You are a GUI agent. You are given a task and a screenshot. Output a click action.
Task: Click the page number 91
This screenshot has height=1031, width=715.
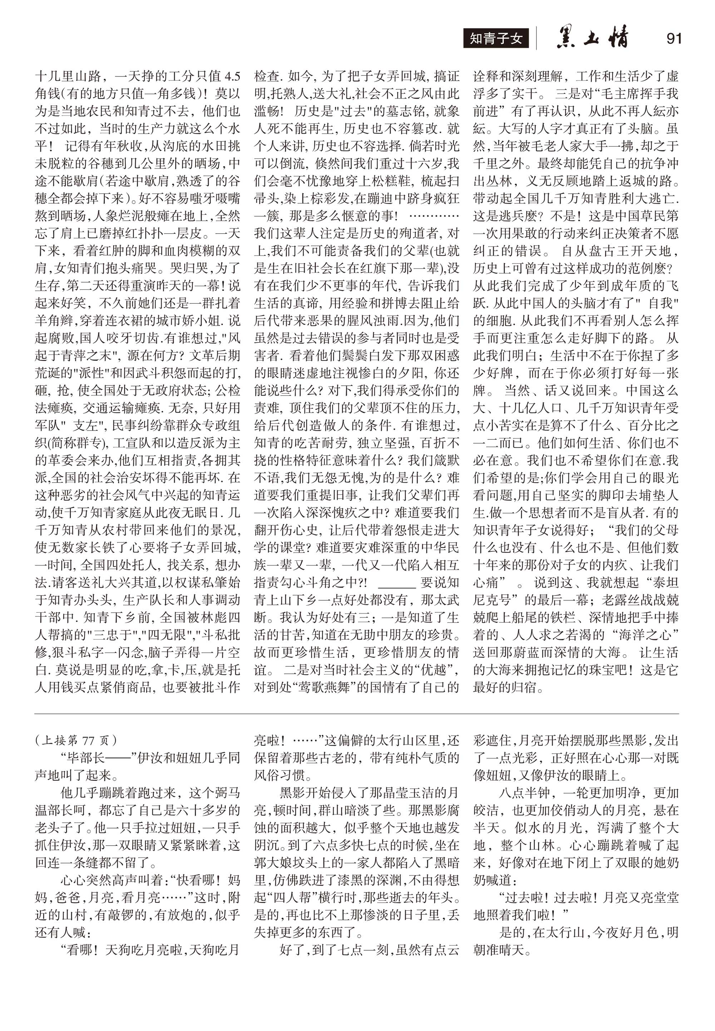[x=674, y=39]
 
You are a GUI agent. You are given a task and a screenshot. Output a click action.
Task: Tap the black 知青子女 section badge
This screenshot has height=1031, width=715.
[x=496, y=39]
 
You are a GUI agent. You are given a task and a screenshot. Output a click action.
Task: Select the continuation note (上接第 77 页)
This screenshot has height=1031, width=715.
[x=76, y=740]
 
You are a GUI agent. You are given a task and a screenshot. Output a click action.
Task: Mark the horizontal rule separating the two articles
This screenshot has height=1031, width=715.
[x=357, y=714]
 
